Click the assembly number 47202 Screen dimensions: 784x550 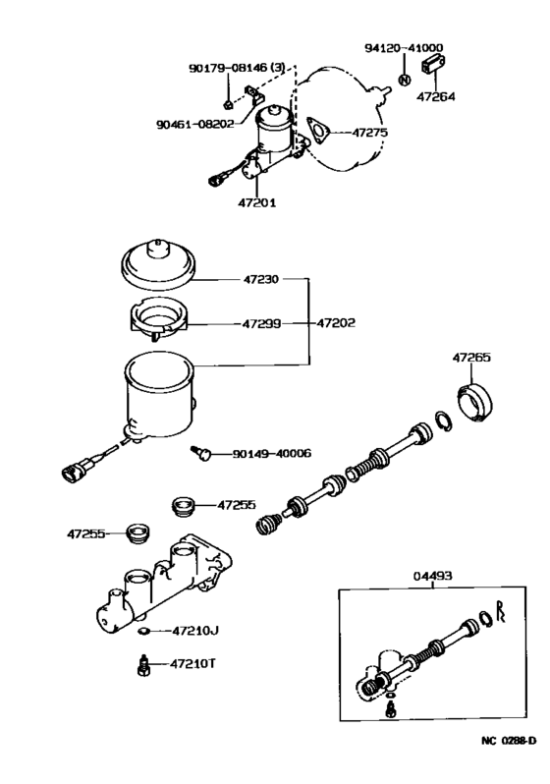(336, 321)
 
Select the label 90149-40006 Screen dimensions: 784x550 (272, 454)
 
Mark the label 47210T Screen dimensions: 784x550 (192, 663)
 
